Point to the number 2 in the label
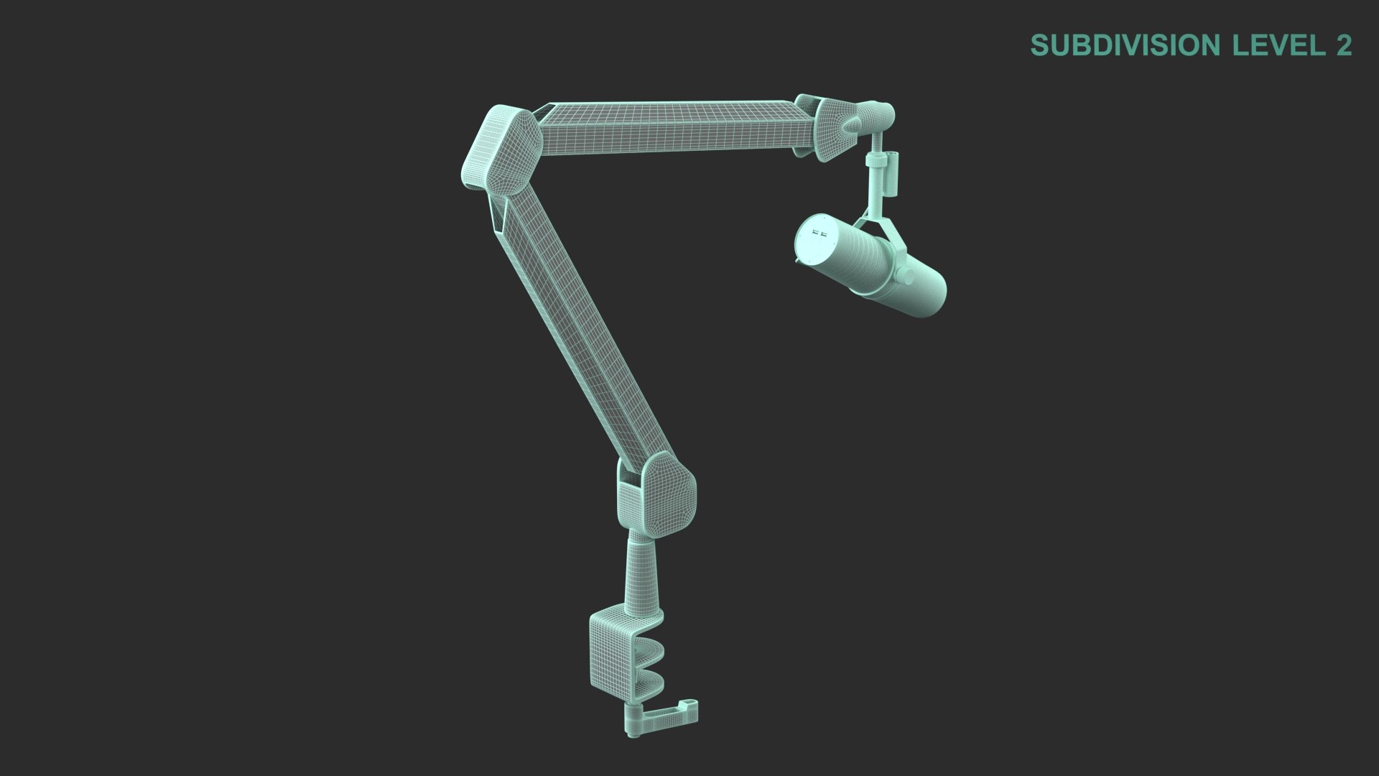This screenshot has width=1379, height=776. pos(1343,45)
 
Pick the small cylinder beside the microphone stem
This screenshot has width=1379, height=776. pos(892,175)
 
